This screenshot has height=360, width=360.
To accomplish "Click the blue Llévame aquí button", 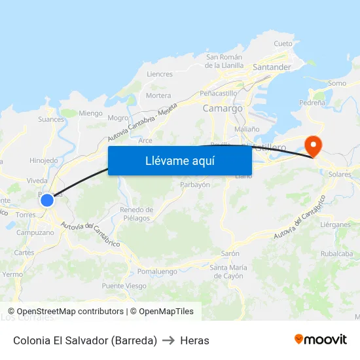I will tap(180, 160).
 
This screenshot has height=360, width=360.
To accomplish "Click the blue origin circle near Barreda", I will tap(47, 200).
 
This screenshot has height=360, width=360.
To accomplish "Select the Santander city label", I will tap(272, 67).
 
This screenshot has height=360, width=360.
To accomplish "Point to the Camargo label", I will tap(223, 108).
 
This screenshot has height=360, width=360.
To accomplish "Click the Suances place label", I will tap(51, 119).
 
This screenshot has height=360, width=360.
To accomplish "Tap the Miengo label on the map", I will tap(90, 113).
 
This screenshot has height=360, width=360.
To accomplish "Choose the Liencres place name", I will tap(160, 74).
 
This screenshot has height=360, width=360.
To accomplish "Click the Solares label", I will tap(340, 175).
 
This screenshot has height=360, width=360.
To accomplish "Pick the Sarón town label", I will tap(230, 253).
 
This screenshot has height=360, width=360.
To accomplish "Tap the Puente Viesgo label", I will tap(124, 286).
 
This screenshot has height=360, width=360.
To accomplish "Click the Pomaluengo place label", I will tap(158, 271).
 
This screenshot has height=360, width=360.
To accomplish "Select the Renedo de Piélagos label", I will tap(135, 213).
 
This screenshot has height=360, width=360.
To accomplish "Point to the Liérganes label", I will tap(336, 224).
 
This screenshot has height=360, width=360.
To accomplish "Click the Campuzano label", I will tap(35, 232).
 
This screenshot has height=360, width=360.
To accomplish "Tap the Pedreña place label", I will tap(312, 103).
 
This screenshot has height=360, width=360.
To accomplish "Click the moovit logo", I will tap(321, 340).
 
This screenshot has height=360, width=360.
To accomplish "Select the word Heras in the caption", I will tap(194, 340).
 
